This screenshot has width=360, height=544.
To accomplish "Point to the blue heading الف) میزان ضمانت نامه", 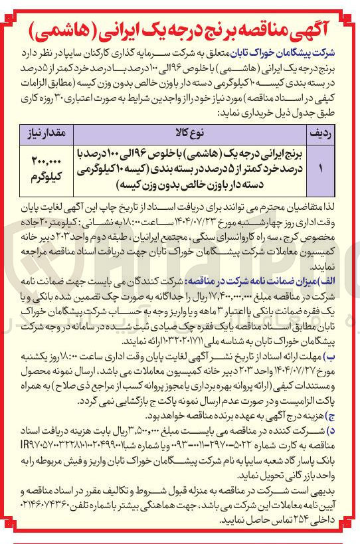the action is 306,280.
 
